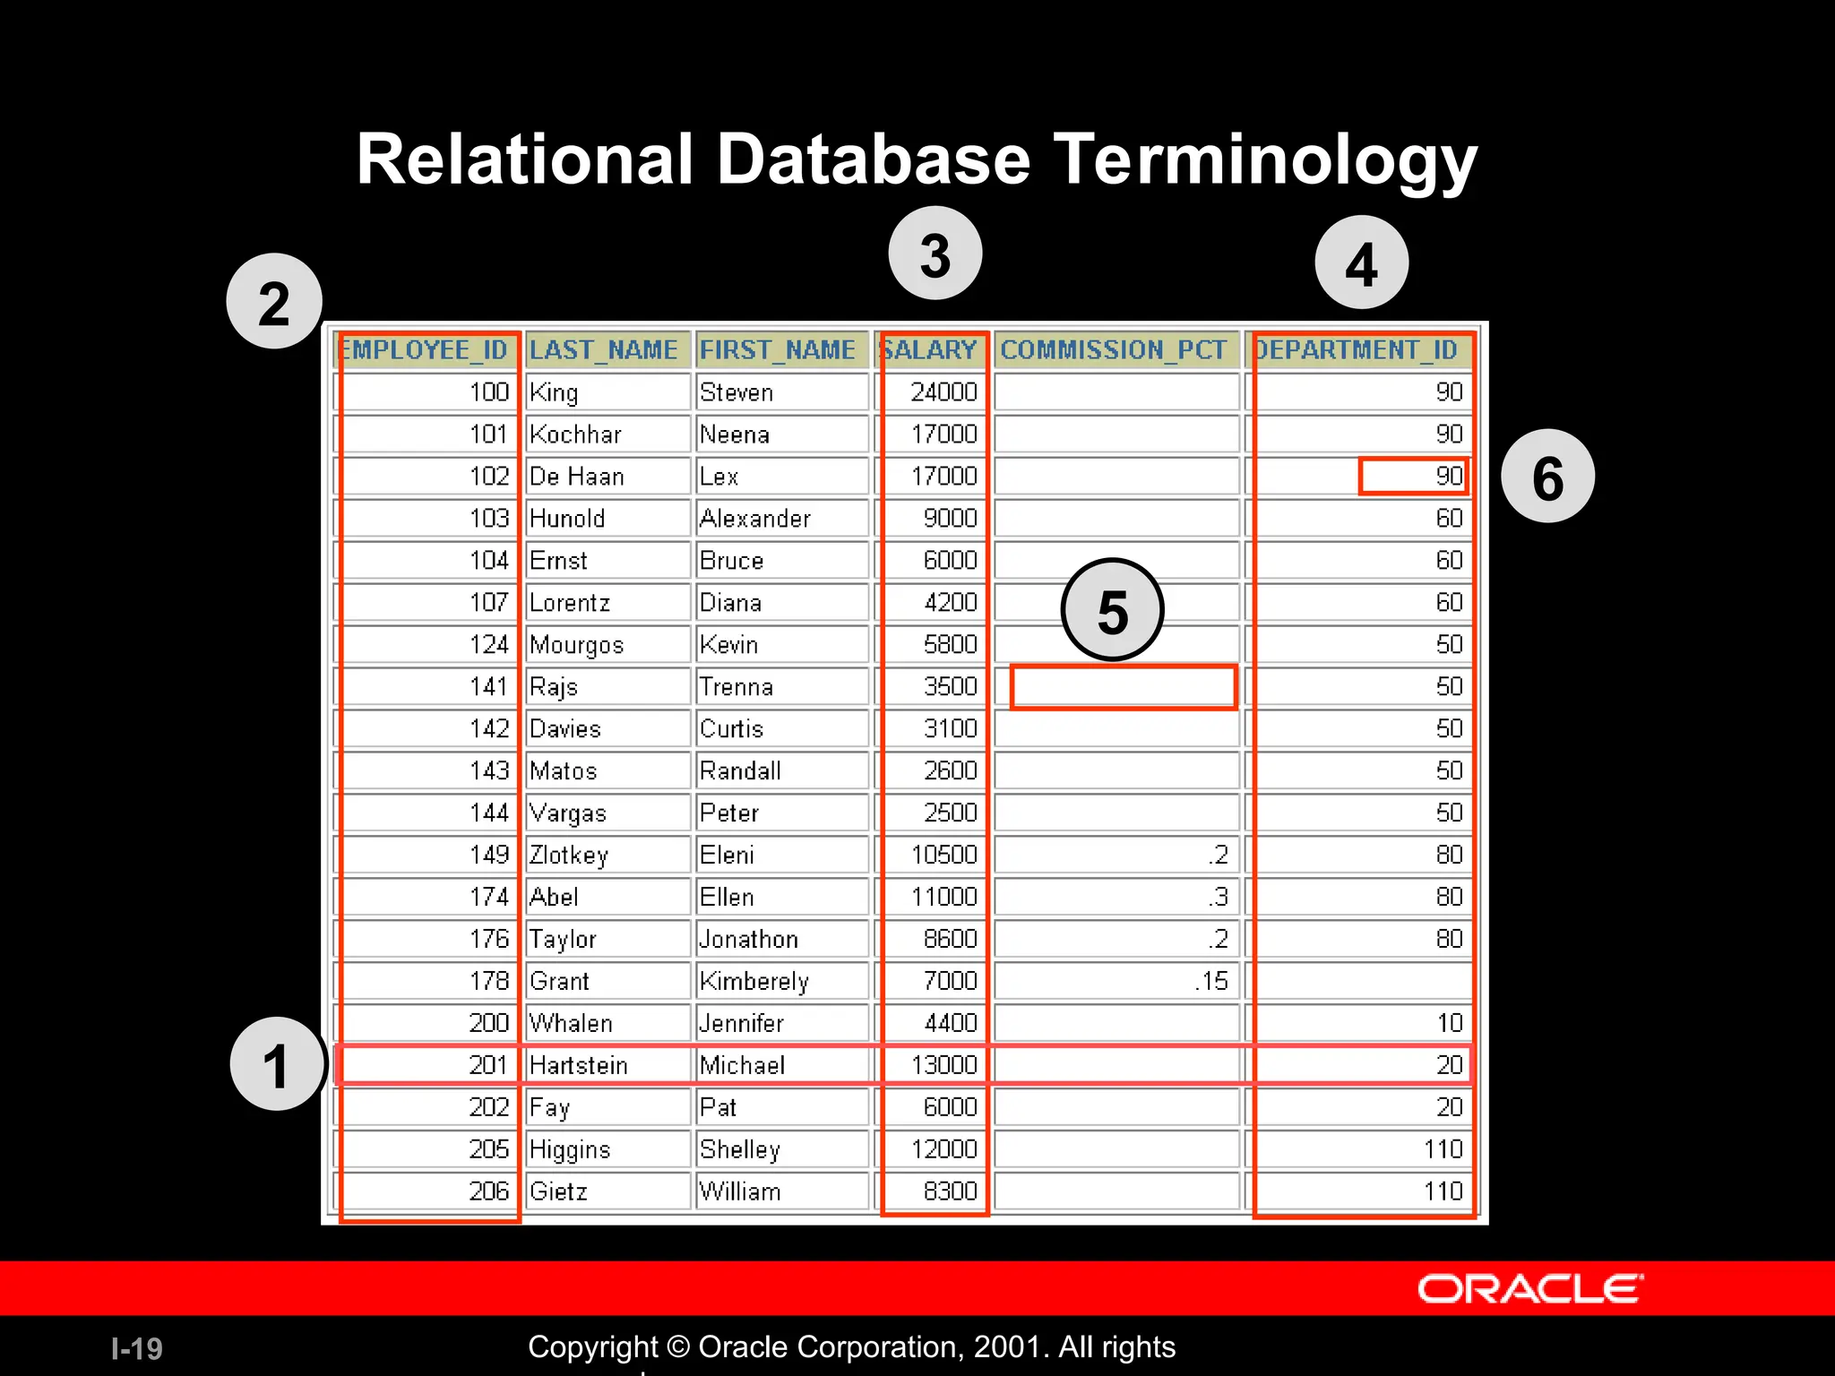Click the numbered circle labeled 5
click(1112, 610)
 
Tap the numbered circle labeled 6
click(1547, 477)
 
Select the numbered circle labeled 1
click(277, 1064)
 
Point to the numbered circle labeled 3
click(935, 254)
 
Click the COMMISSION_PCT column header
click(1114, 349)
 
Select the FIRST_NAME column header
click(778, 349)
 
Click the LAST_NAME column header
click(604, 349)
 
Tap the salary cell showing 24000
click(935, 392)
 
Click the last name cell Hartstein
click(606, 1065)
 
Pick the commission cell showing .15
click(1116, 981)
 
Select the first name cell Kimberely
click(780, 981)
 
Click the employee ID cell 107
click(428, 602)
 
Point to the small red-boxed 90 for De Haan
click(1413, 477)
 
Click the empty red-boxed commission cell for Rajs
click(1123, 687)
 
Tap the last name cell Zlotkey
click(606, 855)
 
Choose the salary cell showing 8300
click(935, 1191)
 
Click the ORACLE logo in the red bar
click(1529, 1289)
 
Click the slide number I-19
click(137, 1348)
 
